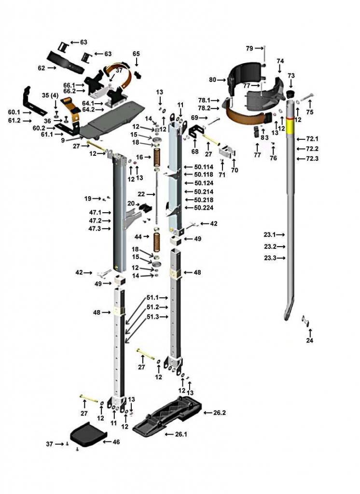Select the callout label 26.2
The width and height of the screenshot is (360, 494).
pyautogui.click(x=220, y=413)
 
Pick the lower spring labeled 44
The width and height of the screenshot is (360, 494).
pyautogui.click(x=157, y=241)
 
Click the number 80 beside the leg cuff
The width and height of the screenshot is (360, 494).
pyautogui.click(x=213, y=80)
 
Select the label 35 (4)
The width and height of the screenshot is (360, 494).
pyautogui.click(x=50, y=96)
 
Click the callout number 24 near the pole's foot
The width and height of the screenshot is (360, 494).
pyautogui.click(x=310, y=341)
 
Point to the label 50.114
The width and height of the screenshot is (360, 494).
pyautogui.click(x=204, y=167)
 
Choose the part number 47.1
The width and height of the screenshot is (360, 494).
pyautogui.click(x=95, y=212)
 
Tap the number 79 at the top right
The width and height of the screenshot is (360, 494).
pyautogui.click(x=249, y=48)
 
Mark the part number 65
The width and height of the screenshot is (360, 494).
pyautogui.click(x=136, y=54)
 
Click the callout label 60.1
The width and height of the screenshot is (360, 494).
pyautogui.click(x=15, y=112)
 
